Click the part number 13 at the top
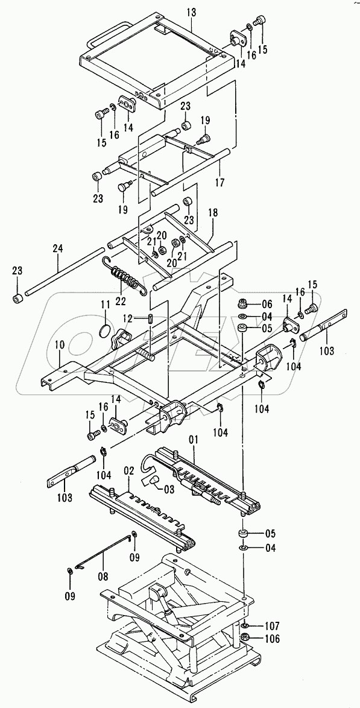click(x=192, y=12)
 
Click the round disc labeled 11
click(x=104, y=332)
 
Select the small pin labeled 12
click(x=151, y=318)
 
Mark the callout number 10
click(x=60, y=346)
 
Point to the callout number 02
click(x=128, y=471)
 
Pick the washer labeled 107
click(x=244, y=626)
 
